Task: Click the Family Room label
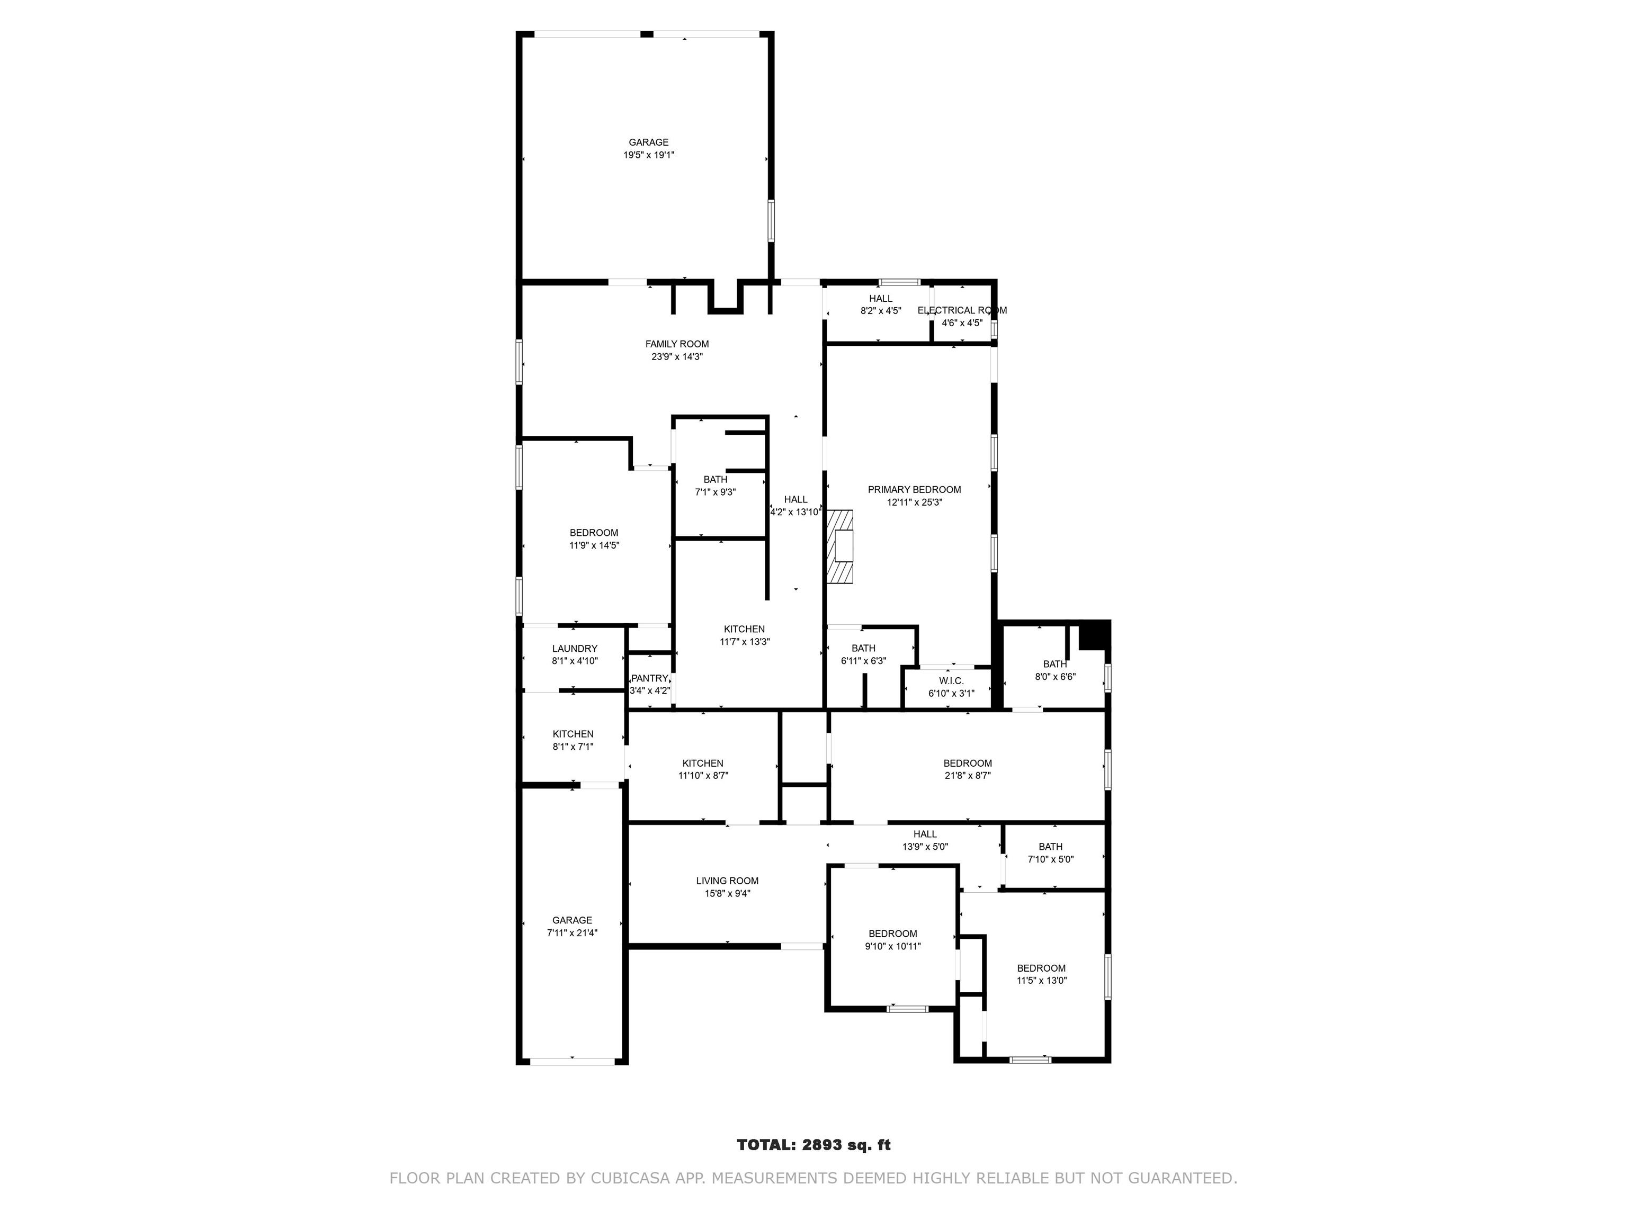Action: (x=677, y=344)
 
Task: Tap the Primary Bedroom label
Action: (x=914, y=490)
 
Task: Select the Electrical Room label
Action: (x=962, y=310)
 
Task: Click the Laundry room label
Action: (x=575, y=649)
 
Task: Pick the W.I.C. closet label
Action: (x=951, y=681)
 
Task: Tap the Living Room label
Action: (x=727, y=881)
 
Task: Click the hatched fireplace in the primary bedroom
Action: (x=840, y=546)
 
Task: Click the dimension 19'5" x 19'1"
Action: (x=649, y=155)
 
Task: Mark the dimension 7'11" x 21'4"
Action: (x=572, y=932)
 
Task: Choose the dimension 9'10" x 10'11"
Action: (x=893, y=946)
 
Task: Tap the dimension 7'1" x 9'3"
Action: (x=715, y=492)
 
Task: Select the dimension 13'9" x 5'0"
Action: (x=925, y=846)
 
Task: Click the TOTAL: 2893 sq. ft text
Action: (x=813, y=1144)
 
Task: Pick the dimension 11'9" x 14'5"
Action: (x=594, y=545)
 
